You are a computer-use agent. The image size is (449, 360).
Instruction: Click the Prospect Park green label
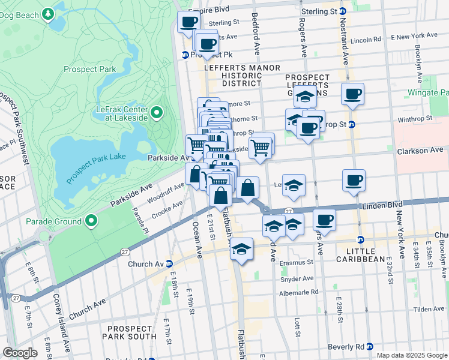89,69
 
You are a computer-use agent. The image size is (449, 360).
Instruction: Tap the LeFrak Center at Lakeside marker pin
157,112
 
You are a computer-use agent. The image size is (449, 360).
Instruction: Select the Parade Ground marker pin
91,221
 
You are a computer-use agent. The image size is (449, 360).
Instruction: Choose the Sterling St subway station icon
342,11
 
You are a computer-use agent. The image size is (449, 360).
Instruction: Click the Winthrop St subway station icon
352,125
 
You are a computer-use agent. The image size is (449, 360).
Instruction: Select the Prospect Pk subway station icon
186,55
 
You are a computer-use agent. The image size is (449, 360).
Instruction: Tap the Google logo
20,353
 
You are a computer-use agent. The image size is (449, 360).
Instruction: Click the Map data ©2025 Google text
411,355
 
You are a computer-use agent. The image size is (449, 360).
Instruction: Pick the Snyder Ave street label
297,278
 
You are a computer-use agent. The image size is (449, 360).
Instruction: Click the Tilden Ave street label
429,308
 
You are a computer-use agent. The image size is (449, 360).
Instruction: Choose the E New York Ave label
414,36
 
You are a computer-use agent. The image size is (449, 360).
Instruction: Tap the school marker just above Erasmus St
241,250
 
